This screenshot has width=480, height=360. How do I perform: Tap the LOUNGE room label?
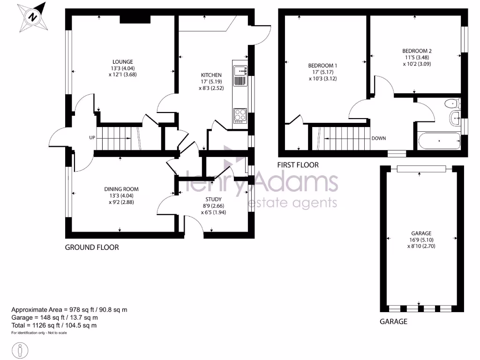pyautogui.click(x=122, y=61)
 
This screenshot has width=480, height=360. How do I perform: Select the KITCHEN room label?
pyautogui.click(x=211, y=75)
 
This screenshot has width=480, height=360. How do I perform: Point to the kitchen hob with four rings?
pyautogui.click(x=240, y=115)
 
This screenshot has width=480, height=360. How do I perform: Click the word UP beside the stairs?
pyautogui.click(x=93, y=138)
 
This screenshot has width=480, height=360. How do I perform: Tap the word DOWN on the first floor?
pyautogui.click(x=378, y=138)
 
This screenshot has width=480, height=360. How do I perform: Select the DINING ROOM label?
pyautogui.click(x=121, y=189)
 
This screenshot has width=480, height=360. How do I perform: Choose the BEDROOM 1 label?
pyautogui.click(x=322, y=66)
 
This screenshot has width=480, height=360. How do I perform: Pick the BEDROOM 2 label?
pyautogui.click(x=417, y=51)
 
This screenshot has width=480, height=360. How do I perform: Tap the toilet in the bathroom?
pyautogui.click(x=452, y=104)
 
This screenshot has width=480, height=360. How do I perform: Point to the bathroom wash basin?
pyautogui.click(x=455, y=119)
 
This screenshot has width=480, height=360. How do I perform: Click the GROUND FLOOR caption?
pyautogui.click(x=92, y=247)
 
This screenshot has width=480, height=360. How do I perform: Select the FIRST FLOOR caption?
pyautogui.click(x=298, y=165)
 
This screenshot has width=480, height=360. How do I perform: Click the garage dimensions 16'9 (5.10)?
pyautogui.click(x=421, y=240)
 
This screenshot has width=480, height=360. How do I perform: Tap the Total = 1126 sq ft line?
pyautogui.click(x=54, y=325)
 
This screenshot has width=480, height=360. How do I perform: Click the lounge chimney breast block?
pyautogui.click(x=135, y=19)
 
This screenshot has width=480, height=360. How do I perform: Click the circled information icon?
pyautogui.click(x=20, y=350)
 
